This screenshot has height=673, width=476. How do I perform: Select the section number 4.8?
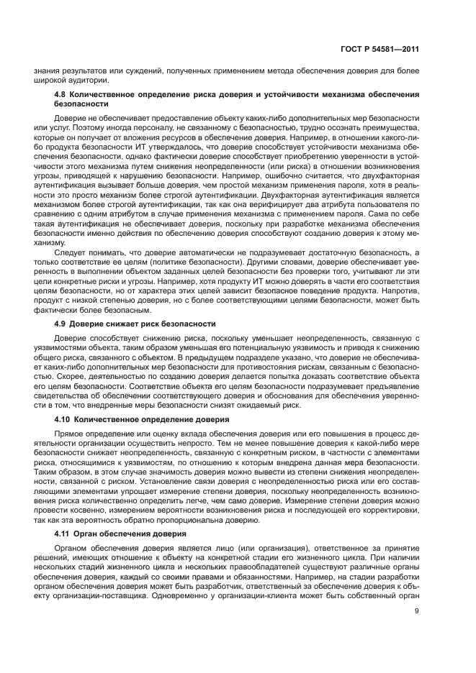tap(62, 95)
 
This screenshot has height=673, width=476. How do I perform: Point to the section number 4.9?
tap(62, 324)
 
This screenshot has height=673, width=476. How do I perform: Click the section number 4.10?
tap(64, 418)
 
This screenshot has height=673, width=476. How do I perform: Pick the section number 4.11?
tap(64, 534)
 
